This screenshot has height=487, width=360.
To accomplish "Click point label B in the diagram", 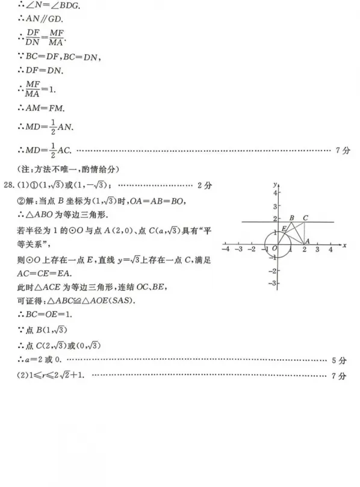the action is tap(291, 218).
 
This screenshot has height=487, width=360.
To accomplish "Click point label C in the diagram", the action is tap(306, 218).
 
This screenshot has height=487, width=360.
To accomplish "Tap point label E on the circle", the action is tap(283, 228).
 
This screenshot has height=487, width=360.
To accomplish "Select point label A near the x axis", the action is tap(307, 241).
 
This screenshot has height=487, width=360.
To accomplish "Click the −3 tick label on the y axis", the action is tap(272, 282).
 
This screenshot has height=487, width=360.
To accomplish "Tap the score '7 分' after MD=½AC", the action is tap(342, 150).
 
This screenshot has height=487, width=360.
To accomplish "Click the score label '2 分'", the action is tap(205, 185).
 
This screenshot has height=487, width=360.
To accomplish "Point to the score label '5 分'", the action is tap(340, 361).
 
